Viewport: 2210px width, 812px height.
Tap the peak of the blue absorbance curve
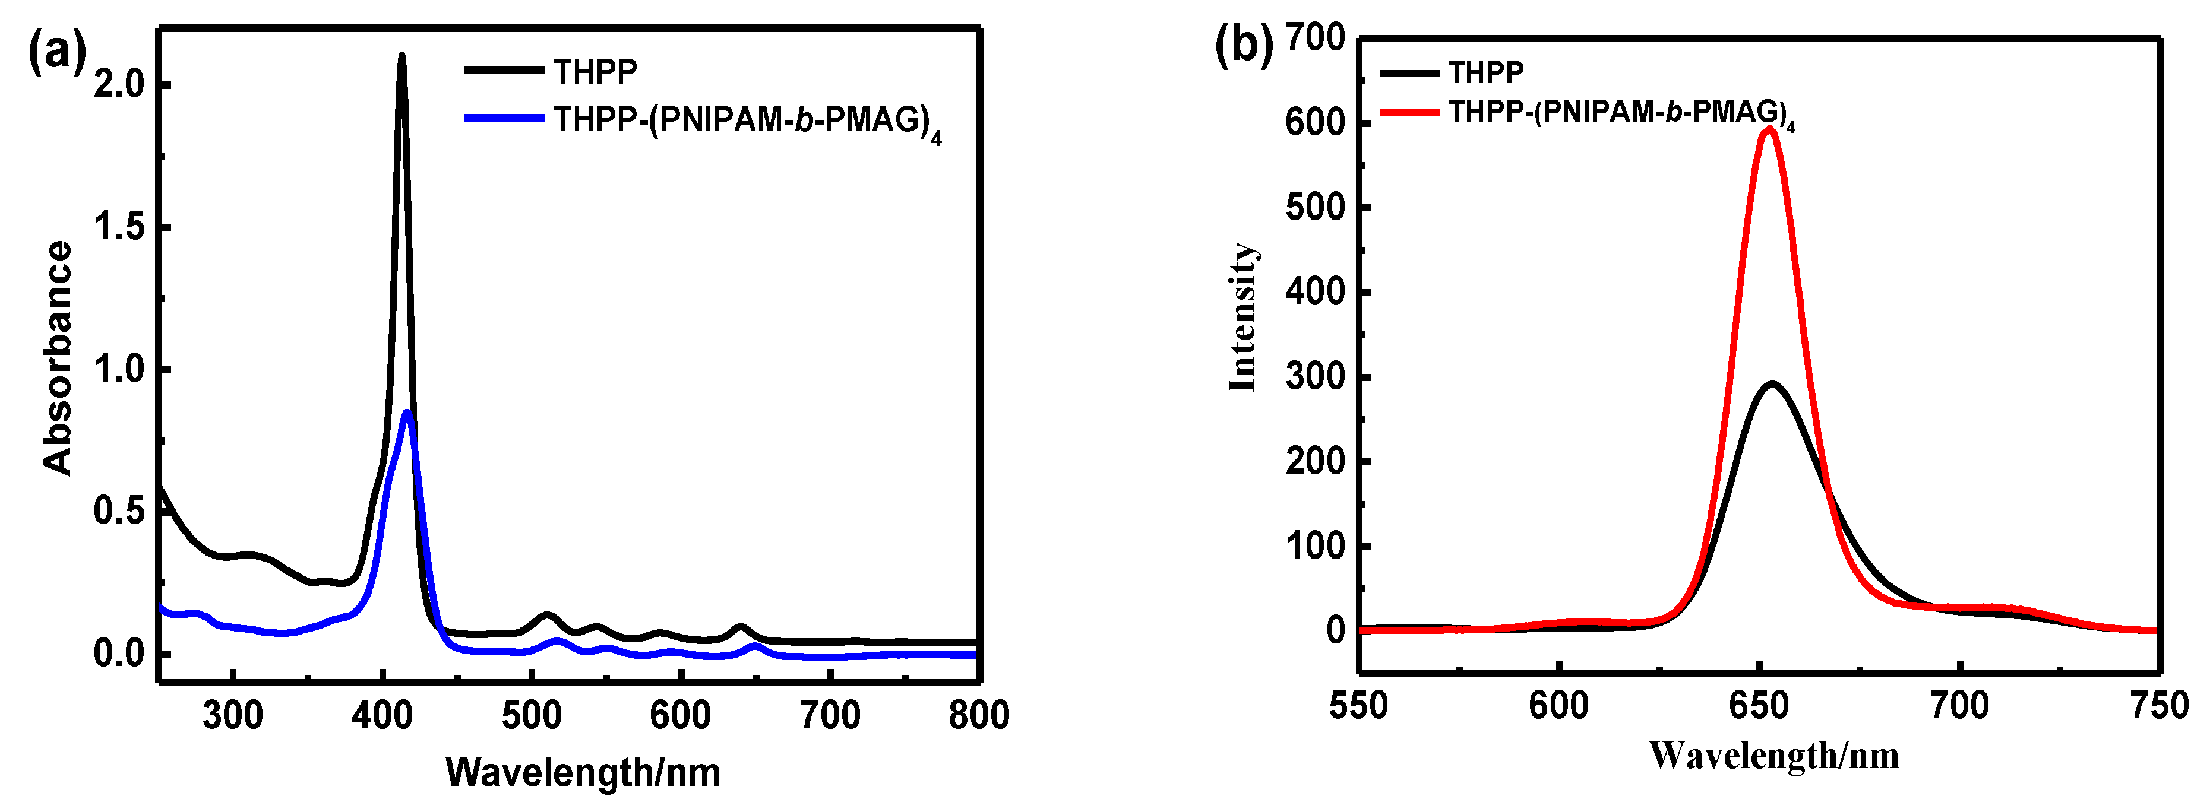pyautogui.click(x=409, y=413)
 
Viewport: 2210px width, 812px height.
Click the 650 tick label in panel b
pyautogui.click(x=1760, y=706)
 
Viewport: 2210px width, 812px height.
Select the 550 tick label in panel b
pyautogui.click(x=1359, y=706)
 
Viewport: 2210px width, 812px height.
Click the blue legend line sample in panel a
pyautogui.click(x=504, y=118)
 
